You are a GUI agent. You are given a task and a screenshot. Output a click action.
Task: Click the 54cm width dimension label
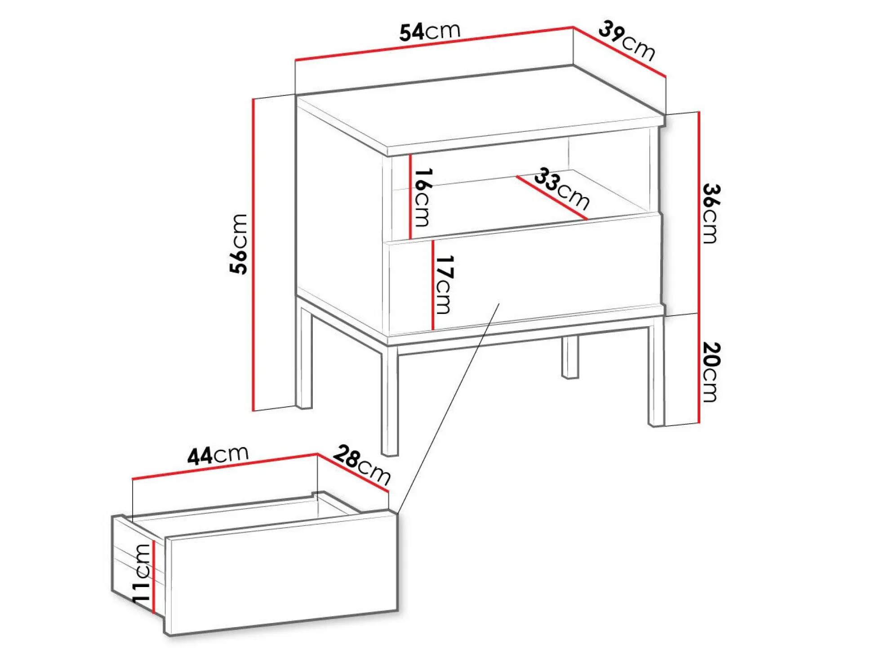point(430,31)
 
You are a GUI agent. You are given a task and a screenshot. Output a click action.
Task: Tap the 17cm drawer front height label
point(444,284)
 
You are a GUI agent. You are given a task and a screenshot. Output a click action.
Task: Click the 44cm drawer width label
point(218,455)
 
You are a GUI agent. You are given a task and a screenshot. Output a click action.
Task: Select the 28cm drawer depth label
point(362,465)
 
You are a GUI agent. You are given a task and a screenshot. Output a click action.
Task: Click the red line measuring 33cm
point(552,197)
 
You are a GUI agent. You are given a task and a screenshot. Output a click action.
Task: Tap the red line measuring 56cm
point(254,255)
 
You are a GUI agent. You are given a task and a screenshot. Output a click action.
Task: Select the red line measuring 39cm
point(619,52)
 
